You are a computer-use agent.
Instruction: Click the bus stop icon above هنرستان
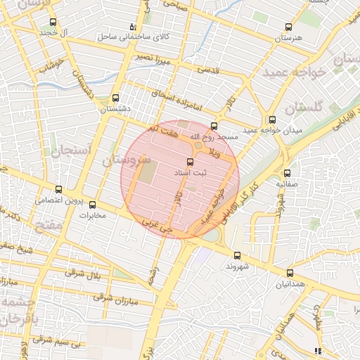coord(288,27)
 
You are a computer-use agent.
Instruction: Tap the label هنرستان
coord(288,36)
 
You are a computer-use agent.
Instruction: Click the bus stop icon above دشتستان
coord(115,98)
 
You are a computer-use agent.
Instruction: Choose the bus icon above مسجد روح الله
coord(214,126)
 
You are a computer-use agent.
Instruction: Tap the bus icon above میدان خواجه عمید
coord(272,120)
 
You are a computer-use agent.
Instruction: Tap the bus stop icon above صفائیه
coord(287,173)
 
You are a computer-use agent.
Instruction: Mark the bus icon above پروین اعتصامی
coord(58,189)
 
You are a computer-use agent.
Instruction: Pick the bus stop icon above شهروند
coord(236,256)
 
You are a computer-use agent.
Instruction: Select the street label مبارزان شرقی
coord(116,299)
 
